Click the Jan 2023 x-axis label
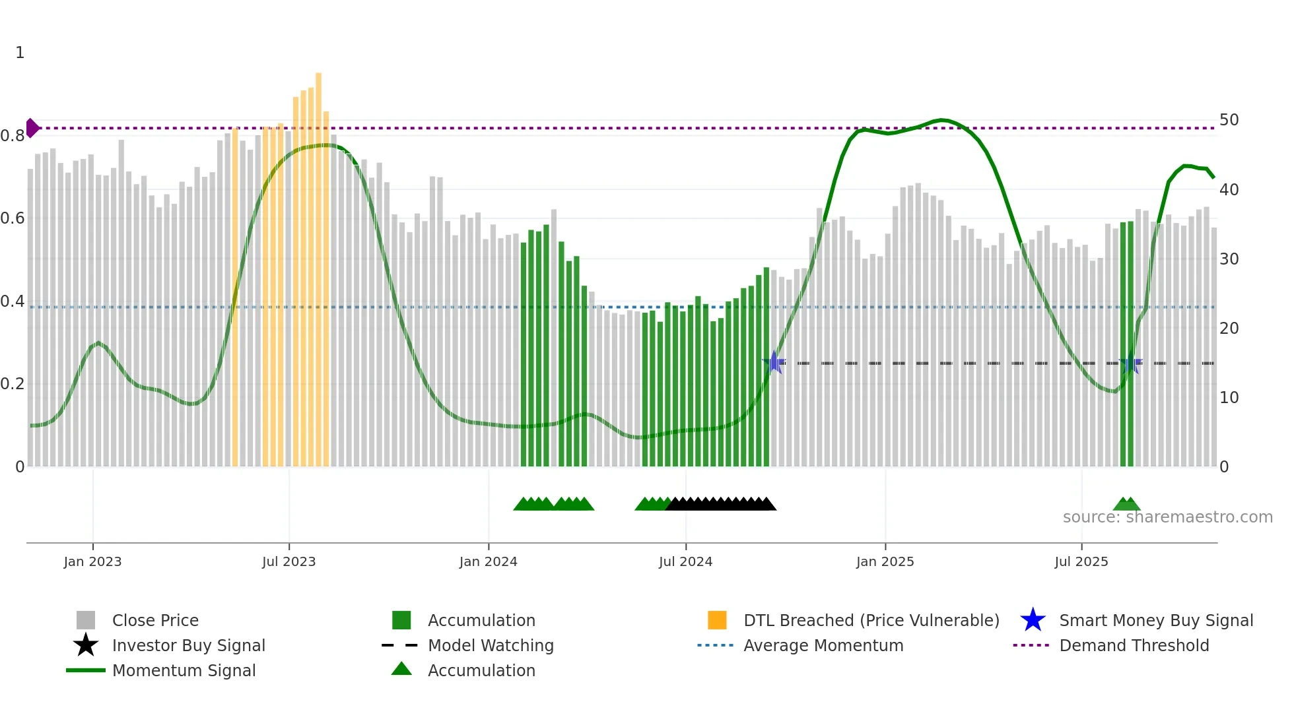point(92,561)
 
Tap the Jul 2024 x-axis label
point(685,561)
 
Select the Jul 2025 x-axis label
point(1081,561)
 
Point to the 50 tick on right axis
point(1229,120)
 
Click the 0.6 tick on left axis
point(13,218)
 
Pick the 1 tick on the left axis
point(20,53)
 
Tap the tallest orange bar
point(318,264)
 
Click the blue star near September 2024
point(774,362)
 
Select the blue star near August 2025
point(1130,363)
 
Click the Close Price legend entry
point(154,620)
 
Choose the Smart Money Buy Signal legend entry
point(1155,620)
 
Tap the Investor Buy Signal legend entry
point(188,645)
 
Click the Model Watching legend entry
point(490,645)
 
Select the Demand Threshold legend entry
point(1134,645)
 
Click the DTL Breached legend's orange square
point(717,620)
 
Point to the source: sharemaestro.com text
point(1167,517)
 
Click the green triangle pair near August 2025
point(1126,504)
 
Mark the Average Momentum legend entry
point(823,645)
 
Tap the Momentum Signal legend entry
point(184,670)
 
